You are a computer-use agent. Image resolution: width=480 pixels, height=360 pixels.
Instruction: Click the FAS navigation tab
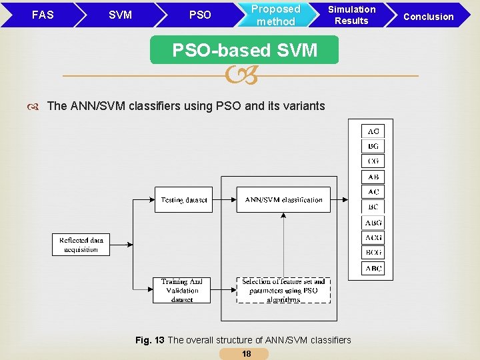(43, 15)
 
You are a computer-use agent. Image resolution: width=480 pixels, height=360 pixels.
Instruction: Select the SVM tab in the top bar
(120, 15)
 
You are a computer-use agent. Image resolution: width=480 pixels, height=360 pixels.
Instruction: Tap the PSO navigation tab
(200, 15)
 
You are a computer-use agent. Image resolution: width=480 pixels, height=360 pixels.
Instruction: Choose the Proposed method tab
(275, 15)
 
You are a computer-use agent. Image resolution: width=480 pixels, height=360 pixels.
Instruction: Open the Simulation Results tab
(351, 15)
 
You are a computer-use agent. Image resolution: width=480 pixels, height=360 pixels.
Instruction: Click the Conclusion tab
(429, 16)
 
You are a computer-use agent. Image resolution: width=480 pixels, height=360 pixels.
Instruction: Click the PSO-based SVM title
(245, 50)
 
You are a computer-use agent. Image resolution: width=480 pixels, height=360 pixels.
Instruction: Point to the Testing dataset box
(183, 200)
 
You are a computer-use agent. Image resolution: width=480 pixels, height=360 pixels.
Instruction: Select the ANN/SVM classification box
(283, 200)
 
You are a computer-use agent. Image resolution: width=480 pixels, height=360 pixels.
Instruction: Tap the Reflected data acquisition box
(81, 245)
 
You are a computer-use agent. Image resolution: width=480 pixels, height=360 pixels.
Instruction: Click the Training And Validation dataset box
(182, 291)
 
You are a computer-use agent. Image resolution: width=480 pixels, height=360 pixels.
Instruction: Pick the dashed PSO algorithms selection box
(283, 291)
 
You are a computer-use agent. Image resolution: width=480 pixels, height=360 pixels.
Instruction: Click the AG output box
(373, 131)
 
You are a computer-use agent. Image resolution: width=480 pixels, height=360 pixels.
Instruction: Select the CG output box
(373, 161)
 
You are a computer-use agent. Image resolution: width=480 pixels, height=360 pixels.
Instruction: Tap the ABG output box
(373, 223)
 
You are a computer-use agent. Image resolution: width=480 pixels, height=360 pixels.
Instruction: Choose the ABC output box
(373, 268)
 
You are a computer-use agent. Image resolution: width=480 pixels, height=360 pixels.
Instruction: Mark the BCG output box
(373, 253)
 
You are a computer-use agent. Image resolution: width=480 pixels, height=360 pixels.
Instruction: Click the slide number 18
(247, 354)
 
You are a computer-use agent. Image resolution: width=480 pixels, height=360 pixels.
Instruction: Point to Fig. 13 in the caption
(149, 340)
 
